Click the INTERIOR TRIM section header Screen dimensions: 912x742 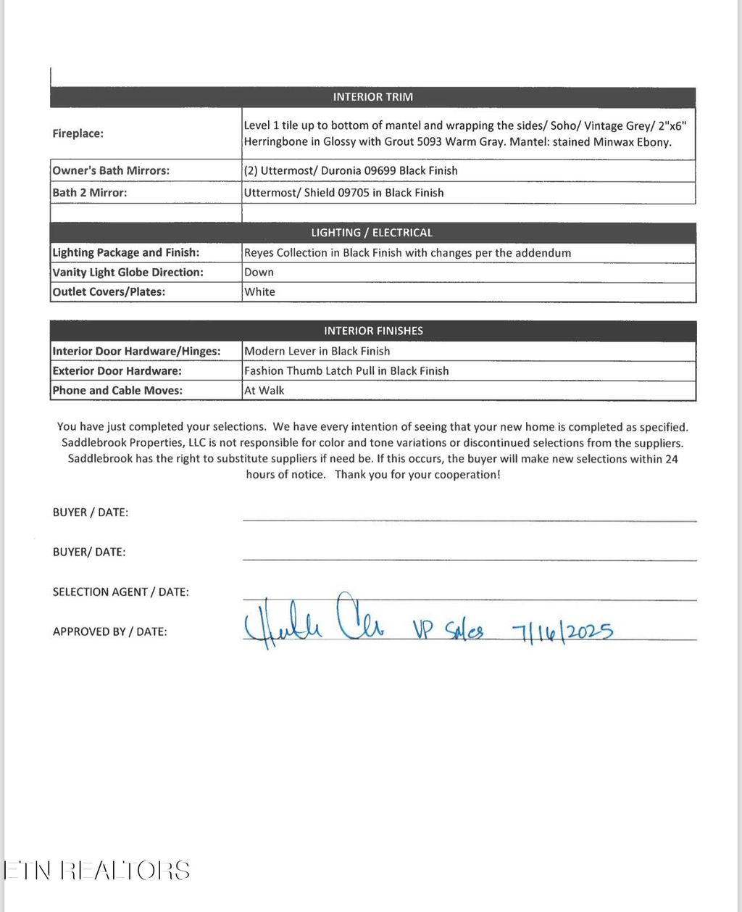tap(372, 97)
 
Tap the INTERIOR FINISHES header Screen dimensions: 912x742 tap(372, 331)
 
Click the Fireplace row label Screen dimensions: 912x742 tap(78, 133)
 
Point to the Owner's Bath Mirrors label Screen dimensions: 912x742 tap(111, 170)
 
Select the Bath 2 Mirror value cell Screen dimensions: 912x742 tap(344, 193)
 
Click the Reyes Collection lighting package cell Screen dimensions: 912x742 tap(407, 253)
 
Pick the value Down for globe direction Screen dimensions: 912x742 tap(259, 273)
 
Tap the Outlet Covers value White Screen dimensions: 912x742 tap(259, 292)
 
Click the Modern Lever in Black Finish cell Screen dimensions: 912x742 tap(317, 351)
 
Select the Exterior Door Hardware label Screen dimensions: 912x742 tap(117, 370)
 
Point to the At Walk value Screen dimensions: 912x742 tap(264, 390)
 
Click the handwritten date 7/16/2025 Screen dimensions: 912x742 tap(562, 631)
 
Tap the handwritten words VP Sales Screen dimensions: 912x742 tap(448, 630)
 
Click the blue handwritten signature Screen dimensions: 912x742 tap(315, 623)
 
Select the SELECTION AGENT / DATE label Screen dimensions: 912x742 tap(120, 592)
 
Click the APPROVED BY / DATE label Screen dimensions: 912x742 tap(109, 631)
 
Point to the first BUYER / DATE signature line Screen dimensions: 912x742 tap(469, 520)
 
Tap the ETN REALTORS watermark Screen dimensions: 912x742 tap(97, 870)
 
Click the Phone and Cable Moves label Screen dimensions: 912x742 tap(117, 390)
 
